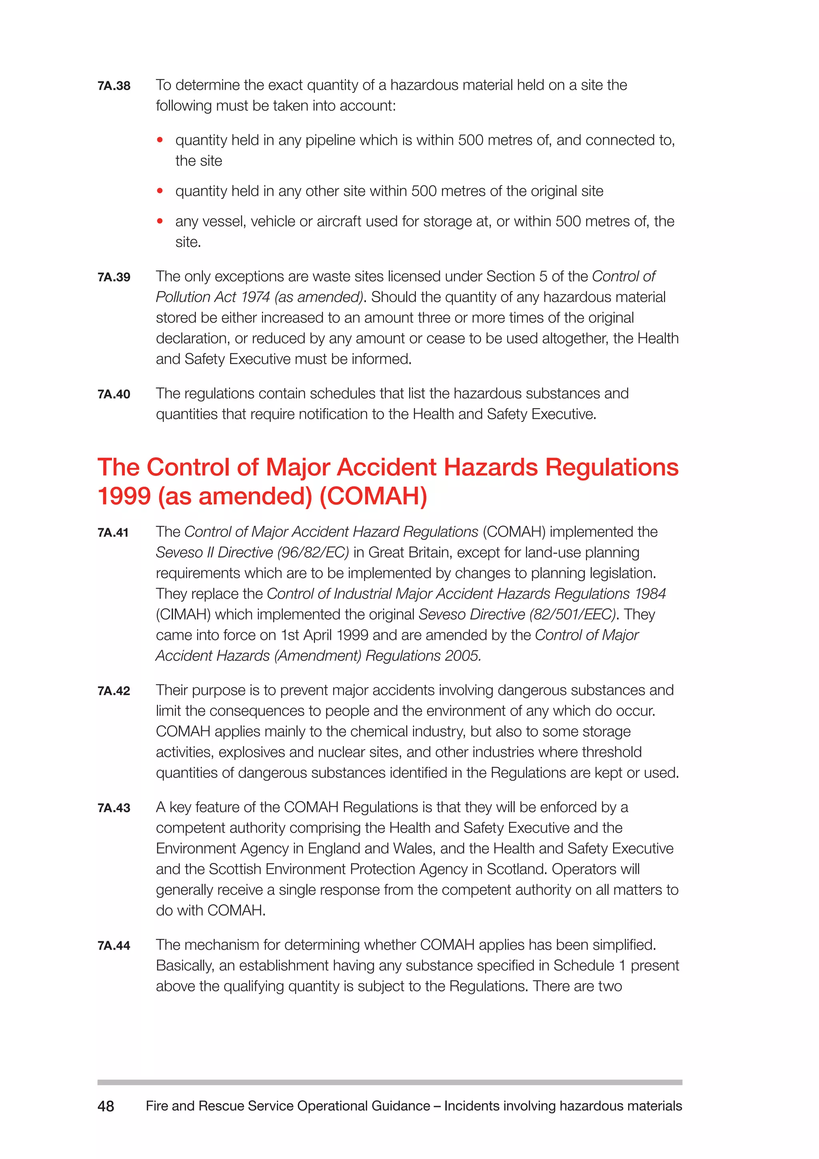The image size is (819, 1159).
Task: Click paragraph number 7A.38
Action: pyautogui.click(x=114, y=86)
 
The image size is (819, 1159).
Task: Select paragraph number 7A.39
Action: pyautogui.click(x=114, y=277)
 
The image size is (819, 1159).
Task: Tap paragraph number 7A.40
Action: pyautogui.click(x=114, y=394)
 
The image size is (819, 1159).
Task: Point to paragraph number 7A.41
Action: pyautogui.click(x=113, y=533)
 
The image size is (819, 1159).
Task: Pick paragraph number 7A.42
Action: pyautogui.click(x=114, y=691)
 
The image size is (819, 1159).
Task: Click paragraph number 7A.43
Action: pyautogui.click(x=114, y=808)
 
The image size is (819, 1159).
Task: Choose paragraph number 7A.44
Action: pyautogui.click(x=114, y=945)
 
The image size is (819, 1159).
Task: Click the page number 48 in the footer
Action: pyautogui.click(x=106, y=1107)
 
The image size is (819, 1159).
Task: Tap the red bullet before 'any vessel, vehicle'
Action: pyautogui.click(x=160, y=221)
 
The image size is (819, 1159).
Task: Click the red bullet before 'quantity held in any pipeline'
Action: pyautogui.click(x=160, y=140)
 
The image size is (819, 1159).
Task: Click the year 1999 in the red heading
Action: pyautogui.click(x=124, y=496)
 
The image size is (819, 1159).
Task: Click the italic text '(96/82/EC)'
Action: pyautogui.click(x=313, y=553)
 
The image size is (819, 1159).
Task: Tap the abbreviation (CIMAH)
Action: pyautogui.click(x=183, y=614)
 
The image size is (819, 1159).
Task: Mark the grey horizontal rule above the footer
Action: pyautogui.click(x=390, y=1082)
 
